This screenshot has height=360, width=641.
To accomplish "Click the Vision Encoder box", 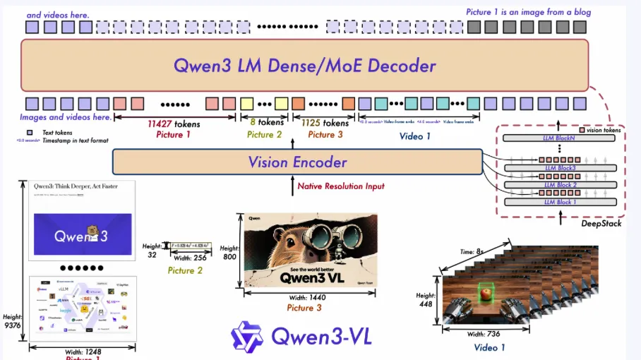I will (x=297, y=162).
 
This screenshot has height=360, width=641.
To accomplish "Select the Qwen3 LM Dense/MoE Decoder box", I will (x=305, y=66).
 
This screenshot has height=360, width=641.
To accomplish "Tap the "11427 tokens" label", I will (x=174, y=124).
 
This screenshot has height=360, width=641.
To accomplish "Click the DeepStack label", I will (x=601, y=223).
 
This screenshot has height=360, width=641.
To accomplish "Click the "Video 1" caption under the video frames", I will (x=489, y=347).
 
